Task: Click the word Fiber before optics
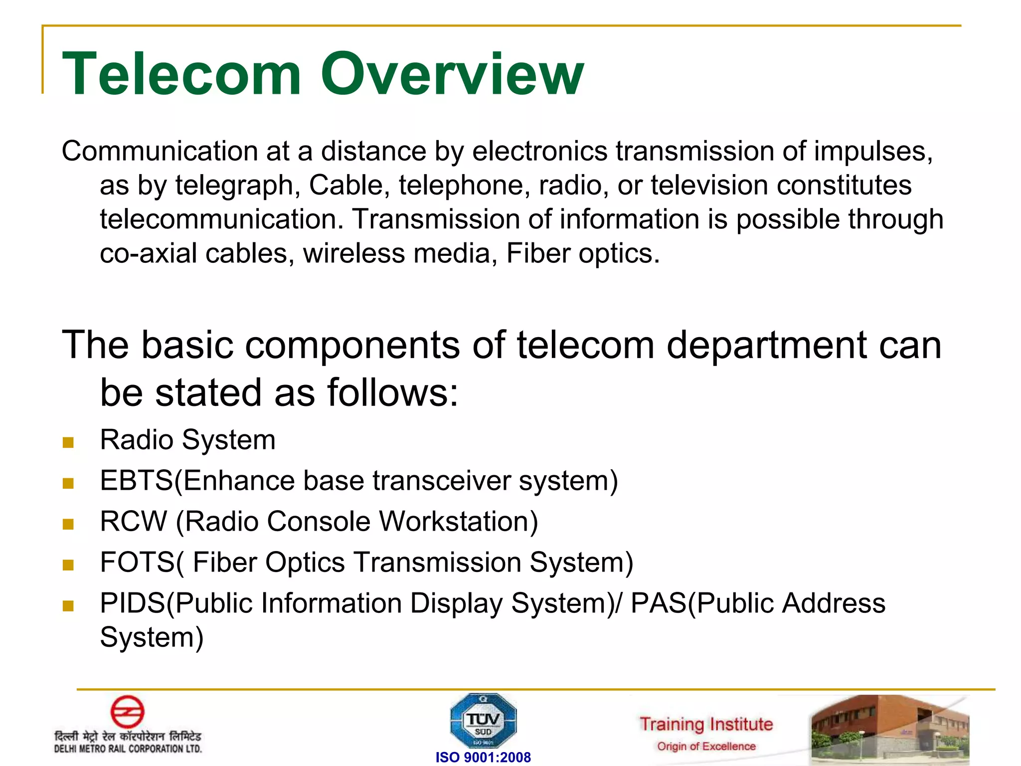[x=538, y=253]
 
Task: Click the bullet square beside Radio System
[x=68, y=442]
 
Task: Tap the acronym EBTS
[x=136, y=481]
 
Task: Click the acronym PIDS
[x=133, y=603]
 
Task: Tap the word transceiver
[x=442, y=481]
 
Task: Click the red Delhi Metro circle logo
[x=128, y=712]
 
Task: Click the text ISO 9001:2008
[x=483, y=758]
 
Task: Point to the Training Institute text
[x=706, y=724]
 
